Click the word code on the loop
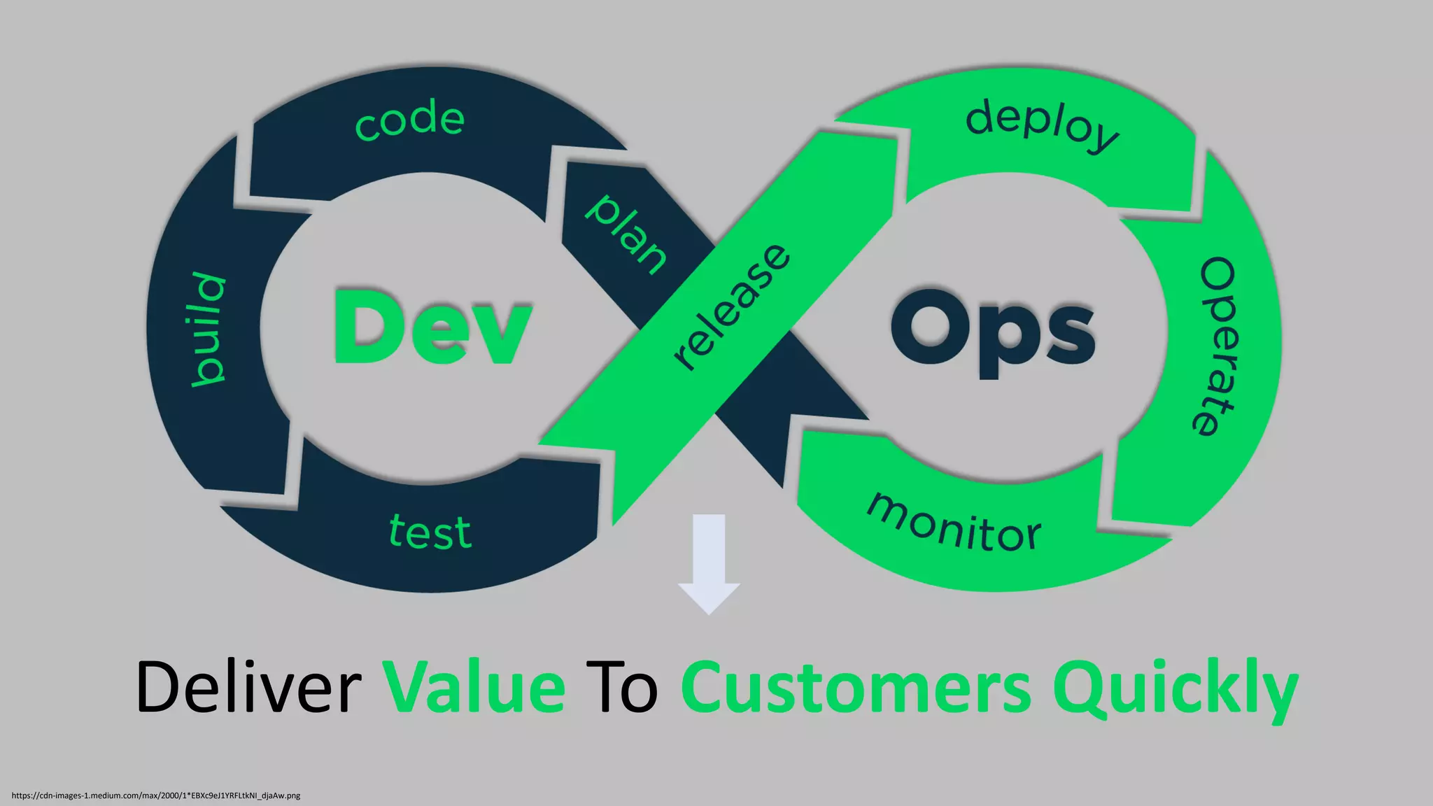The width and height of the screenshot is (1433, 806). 409,120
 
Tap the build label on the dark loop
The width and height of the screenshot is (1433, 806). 209,329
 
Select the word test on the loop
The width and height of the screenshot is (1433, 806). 430,532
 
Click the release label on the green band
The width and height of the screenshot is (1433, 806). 732,306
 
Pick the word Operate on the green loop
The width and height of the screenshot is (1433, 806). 1217,346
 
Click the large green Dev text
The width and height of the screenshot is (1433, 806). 432,327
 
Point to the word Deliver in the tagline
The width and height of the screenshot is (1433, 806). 248,687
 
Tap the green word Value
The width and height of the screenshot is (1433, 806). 474,687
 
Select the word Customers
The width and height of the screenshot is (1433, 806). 855,687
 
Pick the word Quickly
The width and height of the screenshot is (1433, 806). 1174,689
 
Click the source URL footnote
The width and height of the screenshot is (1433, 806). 156,796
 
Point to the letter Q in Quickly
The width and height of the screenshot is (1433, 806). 1081,689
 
